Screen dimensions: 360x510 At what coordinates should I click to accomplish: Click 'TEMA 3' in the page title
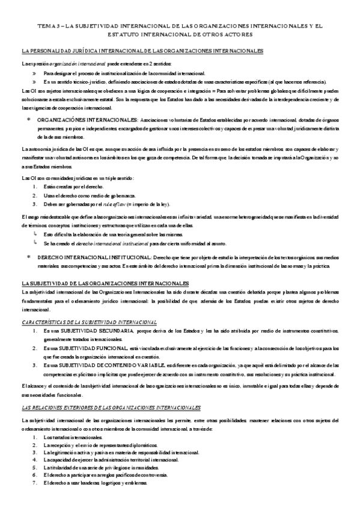(49, 26)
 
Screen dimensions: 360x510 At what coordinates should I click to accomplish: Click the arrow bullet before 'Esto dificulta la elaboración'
(35, 234)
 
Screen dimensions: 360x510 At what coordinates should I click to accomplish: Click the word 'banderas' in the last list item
(97, 484)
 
